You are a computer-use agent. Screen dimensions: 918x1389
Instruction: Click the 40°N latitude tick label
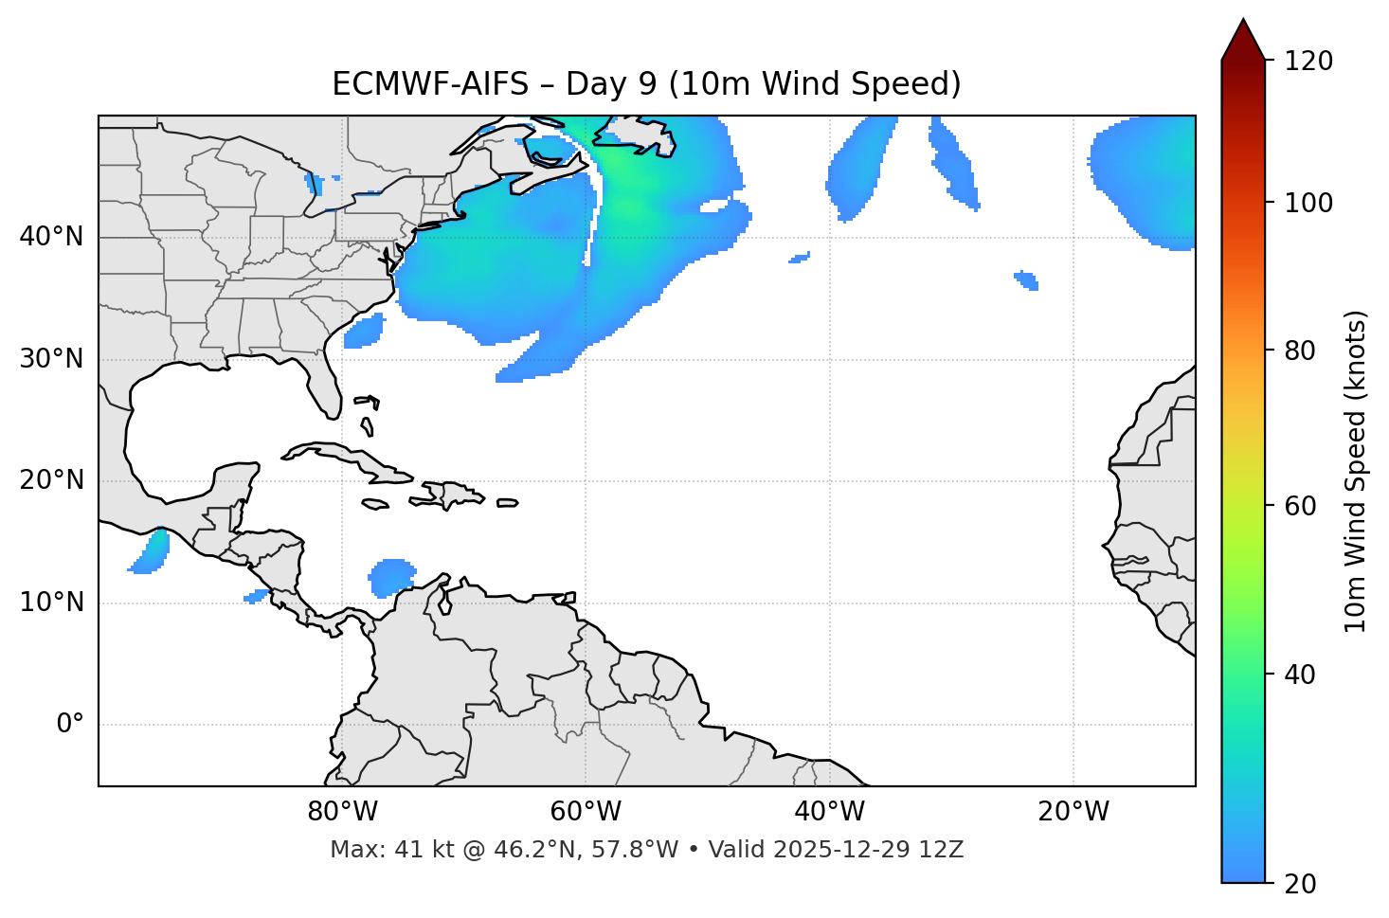coord(51,237)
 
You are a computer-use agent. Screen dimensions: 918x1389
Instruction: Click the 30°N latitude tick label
coord(51,359)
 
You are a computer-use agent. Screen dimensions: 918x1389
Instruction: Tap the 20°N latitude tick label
coord(51,480)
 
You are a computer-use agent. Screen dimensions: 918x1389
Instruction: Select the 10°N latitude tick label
coord(51,603)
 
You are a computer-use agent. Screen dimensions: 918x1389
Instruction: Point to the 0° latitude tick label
coord(70,725)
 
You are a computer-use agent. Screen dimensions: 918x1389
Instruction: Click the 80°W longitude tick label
coord(342,812)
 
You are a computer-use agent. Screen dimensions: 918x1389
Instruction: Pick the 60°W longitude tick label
coord(586,812)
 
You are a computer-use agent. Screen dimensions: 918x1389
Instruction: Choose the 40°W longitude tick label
coord(829,812)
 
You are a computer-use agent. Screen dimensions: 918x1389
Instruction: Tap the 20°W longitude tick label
coord(1073,812)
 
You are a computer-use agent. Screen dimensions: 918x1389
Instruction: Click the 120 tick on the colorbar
coord(1308,62)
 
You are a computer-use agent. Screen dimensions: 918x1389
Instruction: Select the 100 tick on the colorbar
coord(1308,203)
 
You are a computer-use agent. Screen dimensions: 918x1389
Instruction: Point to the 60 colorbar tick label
coord(1298,506)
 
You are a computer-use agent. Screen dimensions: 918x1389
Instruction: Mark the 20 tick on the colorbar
coord(1298,884)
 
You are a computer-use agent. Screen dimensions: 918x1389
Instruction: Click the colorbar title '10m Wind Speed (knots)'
coord(1356,472)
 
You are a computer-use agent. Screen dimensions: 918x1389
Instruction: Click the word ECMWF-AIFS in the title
coord(430,84)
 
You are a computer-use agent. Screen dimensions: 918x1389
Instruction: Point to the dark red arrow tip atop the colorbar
coord(1243,36)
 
